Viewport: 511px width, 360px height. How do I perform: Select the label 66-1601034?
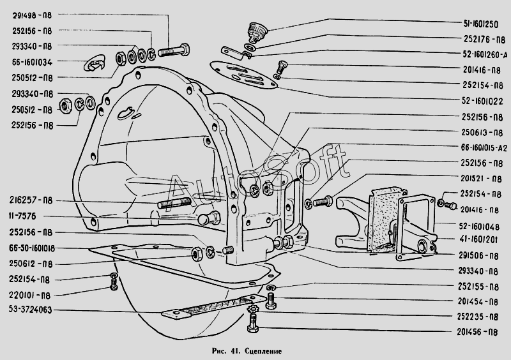pyautogui.click(x=32, y=62)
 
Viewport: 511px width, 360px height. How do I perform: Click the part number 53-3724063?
pyautogui.click(x=32, y=310)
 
